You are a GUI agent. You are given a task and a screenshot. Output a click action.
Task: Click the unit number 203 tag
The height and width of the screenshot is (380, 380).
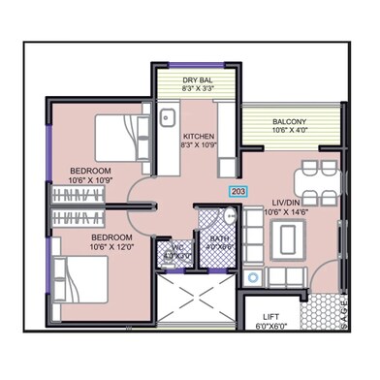[x=238, y=192]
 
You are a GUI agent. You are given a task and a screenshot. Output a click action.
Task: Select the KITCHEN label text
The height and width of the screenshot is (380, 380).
[x=199, y=136]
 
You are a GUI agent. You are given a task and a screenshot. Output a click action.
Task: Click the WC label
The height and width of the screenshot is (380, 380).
[x=176, y=248]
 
